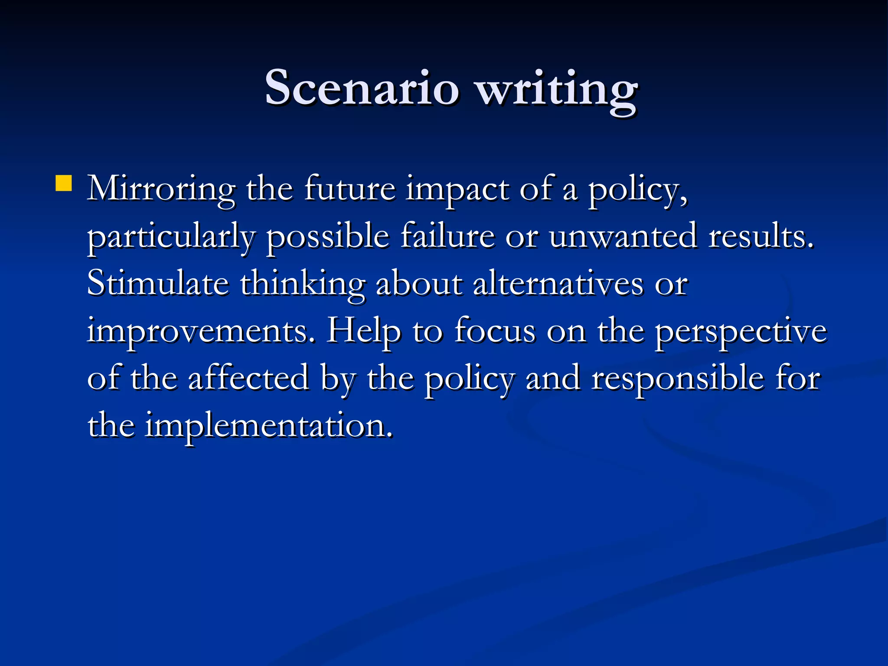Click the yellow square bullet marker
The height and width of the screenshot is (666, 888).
[x=64, y=183]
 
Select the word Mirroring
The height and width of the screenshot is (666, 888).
[x=161, y=190]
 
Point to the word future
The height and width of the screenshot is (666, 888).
[x=349, y=189]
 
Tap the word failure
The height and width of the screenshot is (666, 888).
[x=447, y=236]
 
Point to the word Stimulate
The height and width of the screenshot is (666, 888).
[x=158, y=284]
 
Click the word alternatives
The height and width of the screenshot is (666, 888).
[x=558, y=284]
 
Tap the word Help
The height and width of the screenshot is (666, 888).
[x=364, y=332]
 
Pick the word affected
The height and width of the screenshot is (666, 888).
[x=248, y=378]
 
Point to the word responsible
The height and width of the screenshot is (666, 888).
[x=678, y=379]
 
